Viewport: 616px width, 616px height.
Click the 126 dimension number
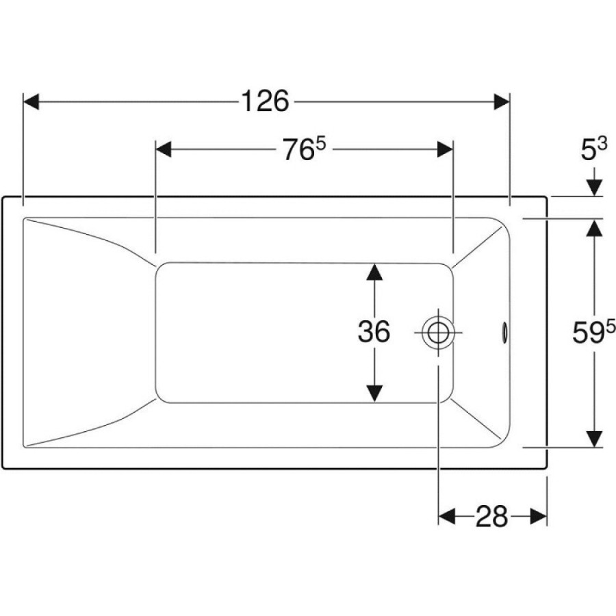(264, 101)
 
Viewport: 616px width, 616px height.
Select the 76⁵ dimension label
(305, 149)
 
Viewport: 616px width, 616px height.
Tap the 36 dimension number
(374, 331)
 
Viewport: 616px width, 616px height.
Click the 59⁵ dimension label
(593, 331)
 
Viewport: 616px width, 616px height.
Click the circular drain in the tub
(438, 333)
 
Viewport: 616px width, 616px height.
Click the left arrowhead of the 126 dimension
(31, 102)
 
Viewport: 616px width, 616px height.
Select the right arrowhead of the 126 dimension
(502, 102)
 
